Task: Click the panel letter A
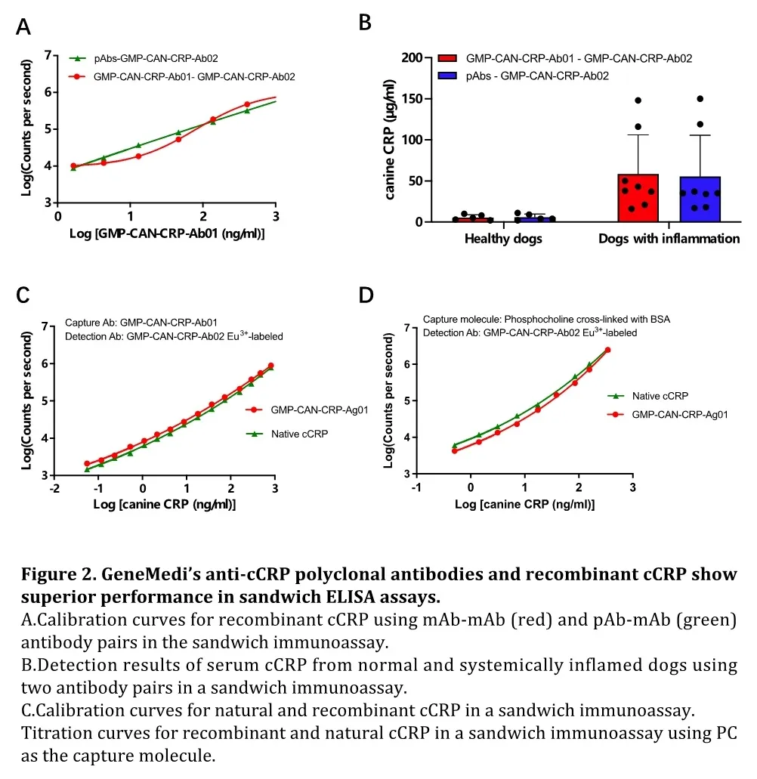[23, 28]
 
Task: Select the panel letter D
[366, 295]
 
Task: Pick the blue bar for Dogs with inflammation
[700, 199]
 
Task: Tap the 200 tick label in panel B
[411, 58]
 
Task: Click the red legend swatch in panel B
[447, 58]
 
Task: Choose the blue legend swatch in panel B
[447, 76]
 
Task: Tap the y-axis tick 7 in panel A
[48, 55]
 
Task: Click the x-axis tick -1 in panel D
[416, 488]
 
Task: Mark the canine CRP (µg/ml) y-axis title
[391, 140]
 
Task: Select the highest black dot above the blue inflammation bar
[700, 99]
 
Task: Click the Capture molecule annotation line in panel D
[546, 319]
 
